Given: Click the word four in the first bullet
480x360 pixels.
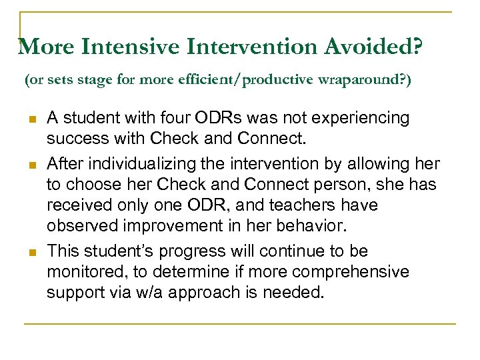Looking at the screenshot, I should coord(189,118).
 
